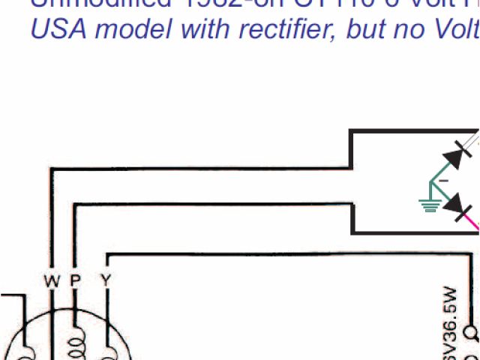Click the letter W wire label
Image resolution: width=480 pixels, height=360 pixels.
[x=51, y=281]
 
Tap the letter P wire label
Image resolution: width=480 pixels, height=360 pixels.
[x=75, y=281]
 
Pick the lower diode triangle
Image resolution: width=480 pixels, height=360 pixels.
[x=455, y=203]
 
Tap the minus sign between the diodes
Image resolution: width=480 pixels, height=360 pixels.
[x=443, y=181]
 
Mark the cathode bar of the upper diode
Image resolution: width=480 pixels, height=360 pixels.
[x=464, y=151]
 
